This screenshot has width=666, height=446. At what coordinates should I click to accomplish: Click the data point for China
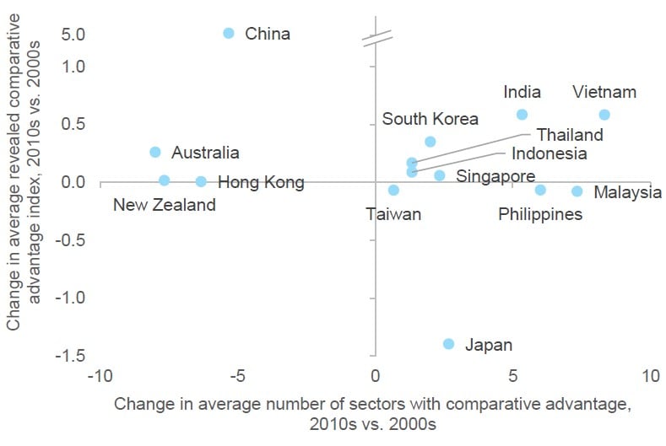click(229, 33)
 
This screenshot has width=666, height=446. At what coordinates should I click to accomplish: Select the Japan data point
click(448, 343)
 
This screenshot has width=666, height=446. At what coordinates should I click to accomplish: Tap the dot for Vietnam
click(604, 115)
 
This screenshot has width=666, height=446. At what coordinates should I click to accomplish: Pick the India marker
click(522, 115)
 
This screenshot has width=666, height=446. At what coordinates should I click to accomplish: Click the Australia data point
click(155, 152)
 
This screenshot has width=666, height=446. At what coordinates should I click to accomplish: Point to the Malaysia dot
click(577, 191)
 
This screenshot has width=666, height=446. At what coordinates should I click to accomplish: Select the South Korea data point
click(430, 142)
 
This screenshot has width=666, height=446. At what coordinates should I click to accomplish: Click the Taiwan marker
click(393, 191)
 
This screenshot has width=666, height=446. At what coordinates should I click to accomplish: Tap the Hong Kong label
click(261, 182)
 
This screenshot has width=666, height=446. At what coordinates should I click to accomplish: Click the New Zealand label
click(165, 205)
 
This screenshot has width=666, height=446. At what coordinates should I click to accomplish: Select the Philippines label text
click(540, 214)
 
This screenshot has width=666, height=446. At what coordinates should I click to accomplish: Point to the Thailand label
click(570, 135)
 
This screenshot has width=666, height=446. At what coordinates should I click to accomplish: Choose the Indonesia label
click(549, 153)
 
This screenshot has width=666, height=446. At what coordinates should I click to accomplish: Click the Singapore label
click(495, 176)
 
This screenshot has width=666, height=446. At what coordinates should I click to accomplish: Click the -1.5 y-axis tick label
click(68, 356)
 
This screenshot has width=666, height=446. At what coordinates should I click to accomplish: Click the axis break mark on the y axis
click(376, 38)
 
